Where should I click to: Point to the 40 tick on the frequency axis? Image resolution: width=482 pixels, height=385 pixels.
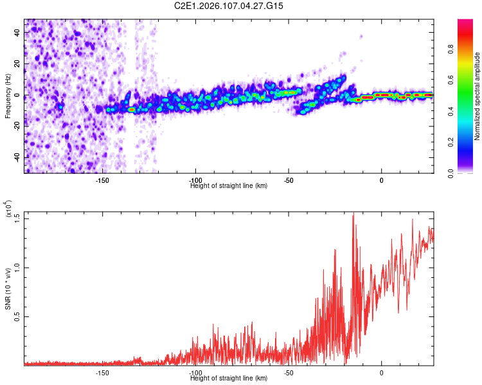point(17,33)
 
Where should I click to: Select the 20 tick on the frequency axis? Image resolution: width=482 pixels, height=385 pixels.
point(17,65)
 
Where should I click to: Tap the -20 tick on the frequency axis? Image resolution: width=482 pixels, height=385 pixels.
point(17,126)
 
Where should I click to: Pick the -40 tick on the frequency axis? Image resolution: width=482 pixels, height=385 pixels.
point(17,157)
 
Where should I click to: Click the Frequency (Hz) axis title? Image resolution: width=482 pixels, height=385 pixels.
point(8,96)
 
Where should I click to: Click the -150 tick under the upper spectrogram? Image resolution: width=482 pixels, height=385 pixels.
point(102,180)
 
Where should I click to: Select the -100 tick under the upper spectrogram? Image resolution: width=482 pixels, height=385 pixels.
point(195,180)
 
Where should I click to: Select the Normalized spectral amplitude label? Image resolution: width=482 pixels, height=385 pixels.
point(477,96)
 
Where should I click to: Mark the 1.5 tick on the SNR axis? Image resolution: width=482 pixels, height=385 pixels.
point(17,218)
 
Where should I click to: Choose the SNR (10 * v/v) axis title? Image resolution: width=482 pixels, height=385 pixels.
point(8,288)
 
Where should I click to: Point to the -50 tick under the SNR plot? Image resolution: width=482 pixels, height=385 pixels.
point(289,373)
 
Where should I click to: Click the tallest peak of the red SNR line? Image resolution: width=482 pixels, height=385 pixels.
point(353,214)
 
